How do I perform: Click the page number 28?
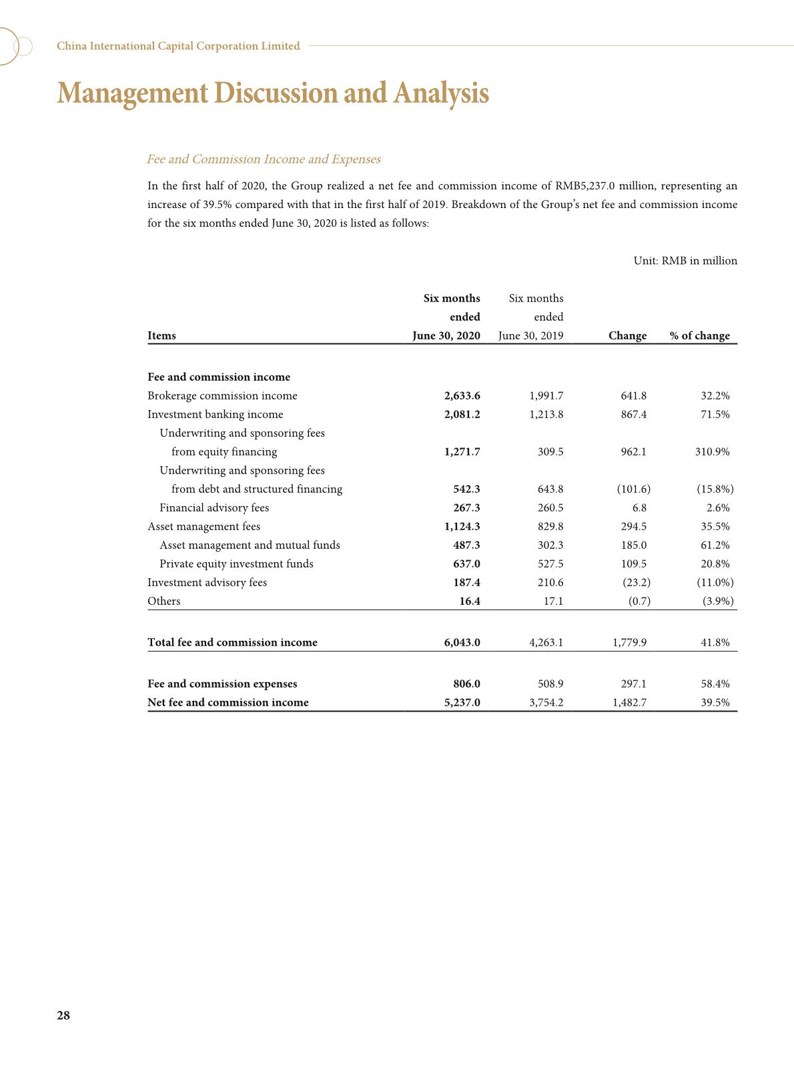point(63,1016)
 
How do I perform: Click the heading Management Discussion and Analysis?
point(273,93)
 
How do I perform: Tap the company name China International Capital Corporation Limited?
point(178,46)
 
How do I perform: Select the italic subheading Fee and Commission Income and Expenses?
point(264,159)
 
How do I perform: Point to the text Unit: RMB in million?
point(685,261)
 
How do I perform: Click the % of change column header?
point(699,335)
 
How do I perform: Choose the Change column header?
point(627,335)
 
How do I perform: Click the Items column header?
point(161,335)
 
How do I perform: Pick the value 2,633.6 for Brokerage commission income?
point(462,395)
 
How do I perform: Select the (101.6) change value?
point(633,489)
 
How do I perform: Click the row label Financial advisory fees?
point(214,507)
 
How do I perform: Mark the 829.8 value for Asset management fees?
point(550,526)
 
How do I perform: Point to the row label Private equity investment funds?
point(236,564)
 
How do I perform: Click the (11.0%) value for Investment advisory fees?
point(715,582)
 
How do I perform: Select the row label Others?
point(163,601)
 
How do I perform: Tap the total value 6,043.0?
point(462,642)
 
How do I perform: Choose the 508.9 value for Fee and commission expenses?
point(550,684)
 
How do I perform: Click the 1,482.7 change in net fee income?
point(629,702)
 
